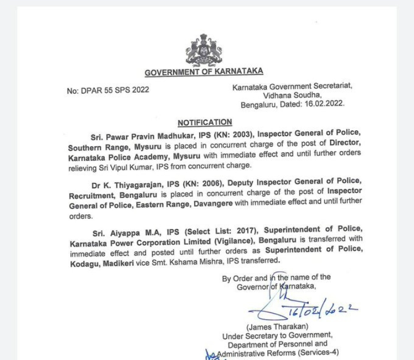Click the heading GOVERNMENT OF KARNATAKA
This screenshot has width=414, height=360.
(203, 72)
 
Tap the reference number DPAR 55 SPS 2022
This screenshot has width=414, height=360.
(108, 90)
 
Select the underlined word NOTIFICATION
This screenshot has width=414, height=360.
(205, 123)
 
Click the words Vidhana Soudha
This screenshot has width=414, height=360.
(292, 95)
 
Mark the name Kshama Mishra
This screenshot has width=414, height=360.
(205, 261)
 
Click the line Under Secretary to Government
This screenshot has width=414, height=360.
(277, 336)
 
